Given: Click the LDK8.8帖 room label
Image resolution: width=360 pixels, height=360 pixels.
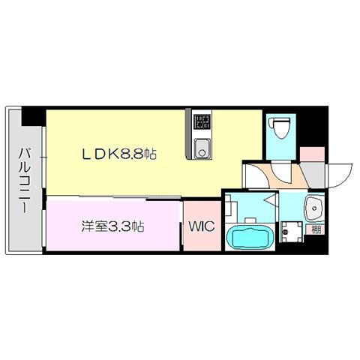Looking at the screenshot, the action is pos(119,154).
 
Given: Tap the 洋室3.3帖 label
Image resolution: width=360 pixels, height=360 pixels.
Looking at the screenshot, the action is pos(112,226).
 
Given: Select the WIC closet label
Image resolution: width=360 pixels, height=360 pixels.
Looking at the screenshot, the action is pos(202,226).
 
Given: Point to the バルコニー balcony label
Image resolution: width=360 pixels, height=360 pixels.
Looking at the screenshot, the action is pos(25,180).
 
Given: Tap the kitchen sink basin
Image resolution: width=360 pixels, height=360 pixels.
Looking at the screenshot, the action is pos(202,148).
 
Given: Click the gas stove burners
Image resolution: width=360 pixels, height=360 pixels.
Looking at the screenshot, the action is pos(202,121).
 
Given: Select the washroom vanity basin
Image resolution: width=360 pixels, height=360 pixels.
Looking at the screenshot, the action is pos(314,208).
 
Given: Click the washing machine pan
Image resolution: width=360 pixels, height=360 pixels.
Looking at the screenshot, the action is pos(292,232).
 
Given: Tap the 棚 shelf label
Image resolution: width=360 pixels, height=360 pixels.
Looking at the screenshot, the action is pos(316,229).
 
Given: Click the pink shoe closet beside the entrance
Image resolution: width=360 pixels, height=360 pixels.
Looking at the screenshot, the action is pos(312,154).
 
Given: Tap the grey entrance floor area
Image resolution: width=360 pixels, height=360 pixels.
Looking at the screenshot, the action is pos(314,175).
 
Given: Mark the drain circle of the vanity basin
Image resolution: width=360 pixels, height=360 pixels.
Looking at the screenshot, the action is pos(315,208).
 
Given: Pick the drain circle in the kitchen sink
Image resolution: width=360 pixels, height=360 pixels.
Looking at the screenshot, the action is pos(202,152).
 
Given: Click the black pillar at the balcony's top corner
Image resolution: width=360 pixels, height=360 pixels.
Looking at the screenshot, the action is pos(33,115).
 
